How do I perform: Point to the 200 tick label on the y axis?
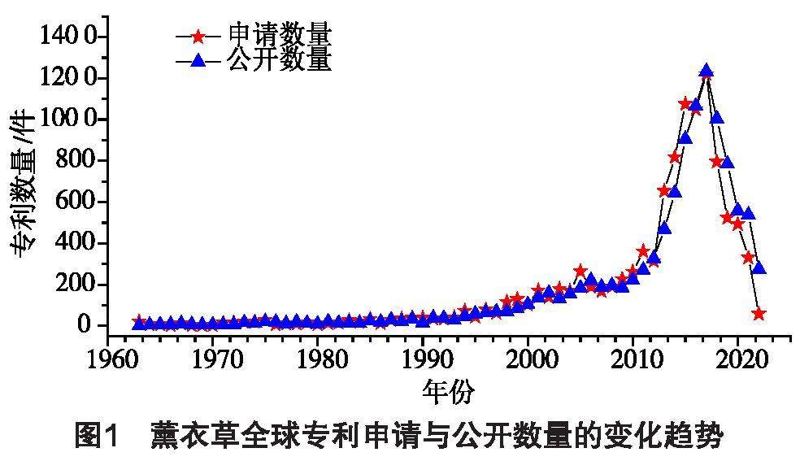(x=72, y=285)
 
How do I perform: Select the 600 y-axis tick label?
(x=72, y=202)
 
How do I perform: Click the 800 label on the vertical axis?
(x=72, y=160)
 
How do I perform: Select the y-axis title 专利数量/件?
(x=24, y=183)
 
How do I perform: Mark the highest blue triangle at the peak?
(x=707, y=72)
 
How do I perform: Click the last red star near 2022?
(x=759, y=313)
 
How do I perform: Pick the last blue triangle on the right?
(x=759, y=267)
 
